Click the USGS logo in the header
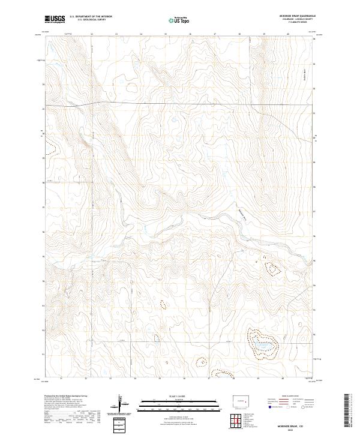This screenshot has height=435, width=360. (x=55, y=19)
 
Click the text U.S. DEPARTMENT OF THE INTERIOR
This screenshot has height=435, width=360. (x=91, y=17)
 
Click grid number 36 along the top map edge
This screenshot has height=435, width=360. (x=190, y=34)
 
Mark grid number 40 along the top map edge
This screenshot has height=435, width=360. (x=289, y=34)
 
